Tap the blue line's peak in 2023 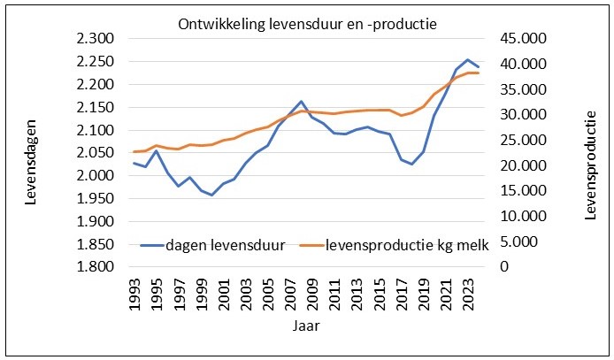click(467, 59)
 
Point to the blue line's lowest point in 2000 click(212, 195)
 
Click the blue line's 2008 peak click(302, 101)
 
